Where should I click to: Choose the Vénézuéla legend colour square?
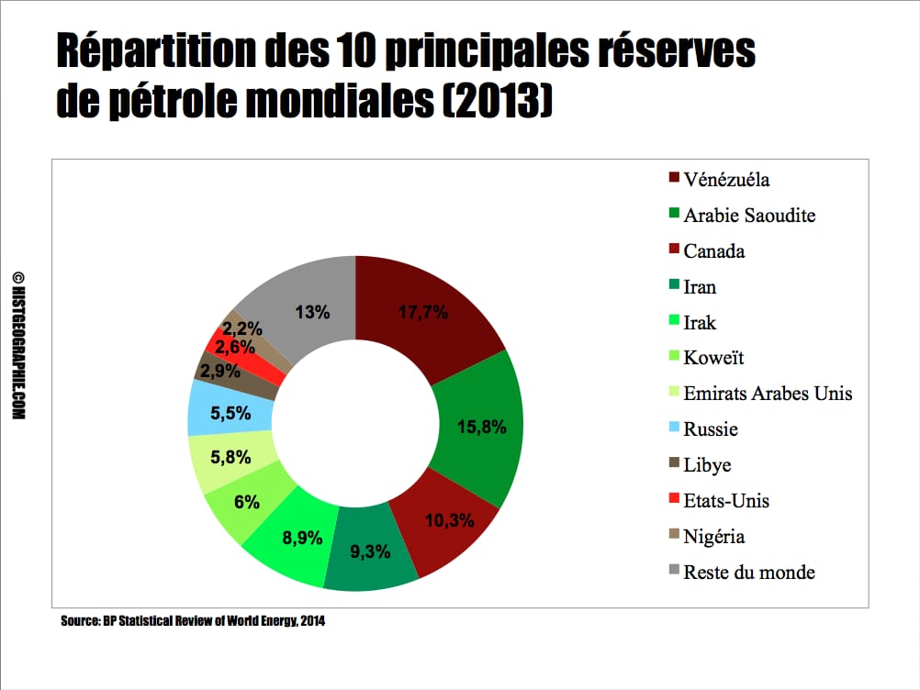674,179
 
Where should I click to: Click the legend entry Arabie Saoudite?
749,216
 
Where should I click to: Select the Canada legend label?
714,251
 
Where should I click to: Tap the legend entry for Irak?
700,323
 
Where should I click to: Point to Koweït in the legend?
712,358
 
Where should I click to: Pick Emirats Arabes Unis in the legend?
768,394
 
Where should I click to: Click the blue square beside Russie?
674,429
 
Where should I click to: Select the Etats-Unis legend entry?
726,501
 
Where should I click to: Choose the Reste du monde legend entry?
749,573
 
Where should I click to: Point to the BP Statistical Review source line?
193,621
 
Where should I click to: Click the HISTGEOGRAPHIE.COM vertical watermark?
19,346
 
